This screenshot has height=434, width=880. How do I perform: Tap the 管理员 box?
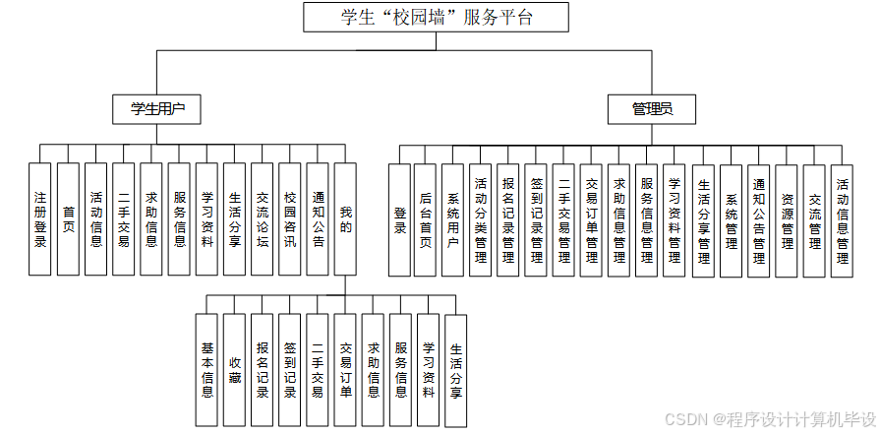pos(652,109)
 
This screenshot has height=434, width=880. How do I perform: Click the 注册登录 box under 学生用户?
pos(39,218)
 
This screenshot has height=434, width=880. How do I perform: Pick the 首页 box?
pos(68,218)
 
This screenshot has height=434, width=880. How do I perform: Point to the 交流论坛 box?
pos(262,218)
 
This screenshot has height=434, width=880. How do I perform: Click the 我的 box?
pos(345,218)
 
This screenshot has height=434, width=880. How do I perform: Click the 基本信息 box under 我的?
pos(206,369)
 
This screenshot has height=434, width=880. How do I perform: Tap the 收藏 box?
pos(234,369)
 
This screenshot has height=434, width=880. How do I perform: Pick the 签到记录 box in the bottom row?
pos(289,369)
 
